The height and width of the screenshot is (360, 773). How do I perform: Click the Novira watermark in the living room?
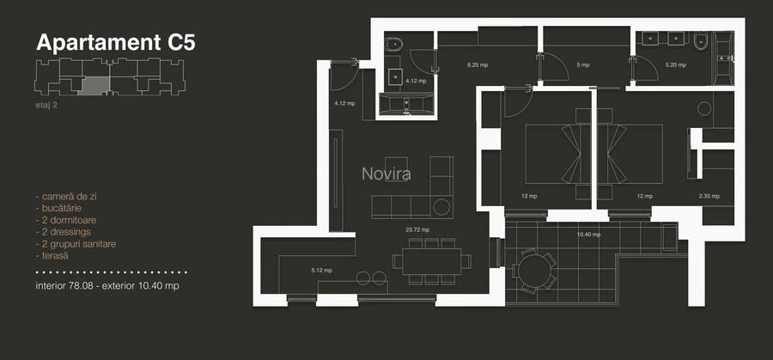pos(386,174)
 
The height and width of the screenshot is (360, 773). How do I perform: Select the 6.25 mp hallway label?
pos(478,64)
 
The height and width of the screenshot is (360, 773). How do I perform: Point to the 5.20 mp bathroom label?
pos(676,64)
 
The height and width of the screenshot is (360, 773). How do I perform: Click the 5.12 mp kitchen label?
pos(321,271)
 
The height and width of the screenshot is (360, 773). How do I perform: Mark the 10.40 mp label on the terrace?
pos(588,234)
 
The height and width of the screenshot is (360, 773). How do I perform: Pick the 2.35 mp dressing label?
pos(709,196)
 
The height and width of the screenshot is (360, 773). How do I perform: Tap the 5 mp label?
pos(583,64)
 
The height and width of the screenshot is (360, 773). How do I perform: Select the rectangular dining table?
pos(430,261)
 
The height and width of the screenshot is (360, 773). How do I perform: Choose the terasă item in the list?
pos(58,256)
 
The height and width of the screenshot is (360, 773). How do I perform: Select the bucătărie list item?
pos(63,208)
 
